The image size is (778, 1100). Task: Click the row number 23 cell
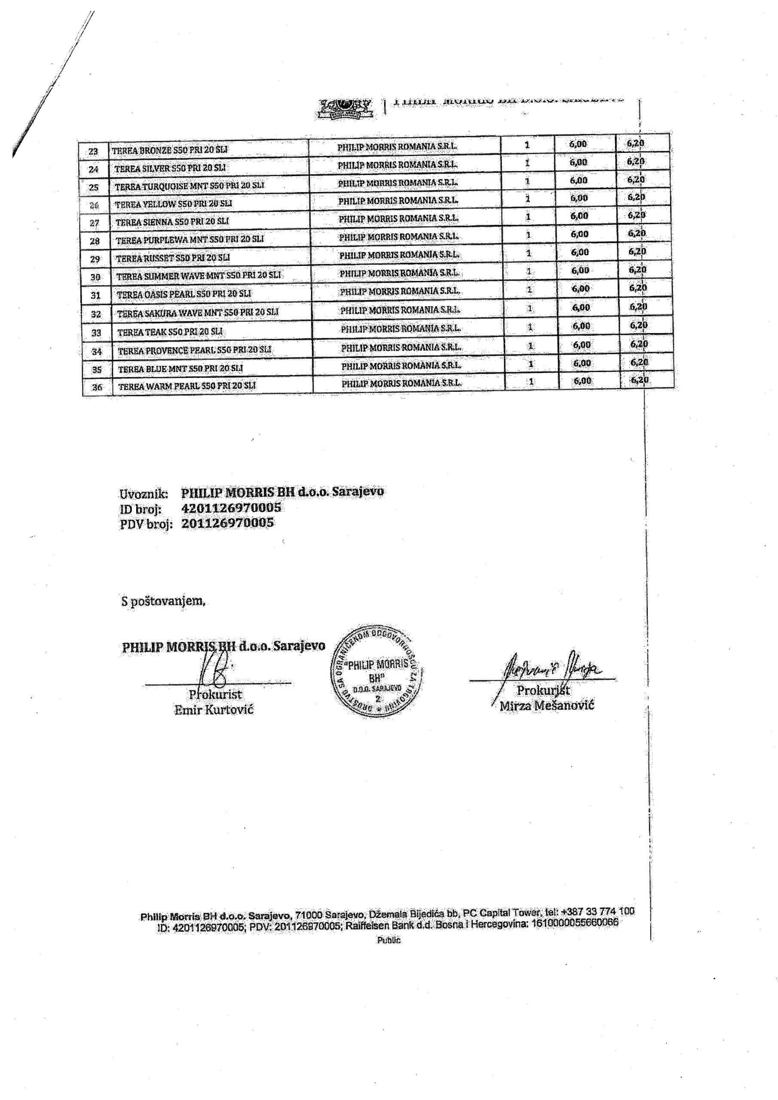pyautogui.click(x=93, y=151)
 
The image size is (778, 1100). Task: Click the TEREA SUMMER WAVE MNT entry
pyautogui.click(x=199, y=276)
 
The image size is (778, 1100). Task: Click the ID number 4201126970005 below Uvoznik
pyautogui.click(x=231, y=508)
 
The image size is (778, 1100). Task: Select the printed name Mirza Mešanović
pyautogui.click(x=546, y=705)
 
